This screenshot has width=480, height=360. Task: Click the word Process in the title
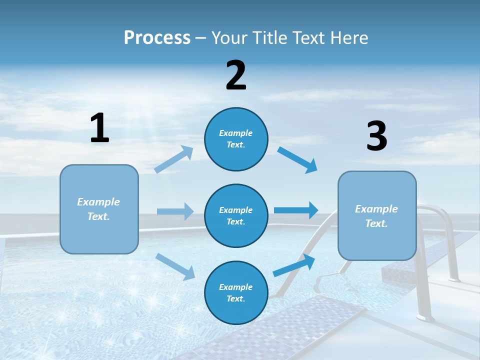(x=157, y=38)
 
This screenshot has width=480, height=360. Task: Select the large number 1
(x=99, y=128)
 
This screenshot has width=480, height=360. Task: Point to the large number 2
(x=236, y=75)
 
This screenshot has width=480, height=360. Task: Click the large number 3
(x=376, y=136)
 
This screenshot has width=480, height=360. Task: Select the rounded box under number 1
(x=99, y=209)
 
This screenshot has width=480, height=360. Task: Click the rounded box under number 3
(x=377, y=215)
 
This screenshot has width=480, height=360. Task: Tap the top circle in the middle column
(x=236, y=139)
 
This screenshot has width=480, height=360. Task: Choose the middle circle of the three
(x=236, y=215)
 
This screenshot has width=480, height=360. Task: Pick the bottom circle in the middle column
(x=236, y=292)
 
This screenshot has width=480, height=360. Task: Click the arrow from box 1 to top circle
(x=174, y=159)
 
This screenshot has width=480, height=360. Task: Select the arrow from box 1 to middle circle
(x=175, y=211)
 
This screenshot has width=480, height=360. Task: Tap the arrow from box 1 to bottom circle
(x=175, y=266)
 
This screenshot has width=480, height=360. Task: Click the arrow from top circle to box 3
(x=297, y=159)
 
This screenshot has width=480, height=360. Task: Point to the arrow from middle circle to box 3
(x=296, y=210)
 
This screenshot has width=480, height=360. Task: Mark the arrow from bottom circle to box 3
(x=294, y=265)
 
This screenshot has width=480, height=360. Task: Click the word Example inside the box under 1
(x=98, y=202)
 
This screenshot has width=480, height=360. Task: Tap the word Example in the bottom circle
(x=235, y=287)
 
